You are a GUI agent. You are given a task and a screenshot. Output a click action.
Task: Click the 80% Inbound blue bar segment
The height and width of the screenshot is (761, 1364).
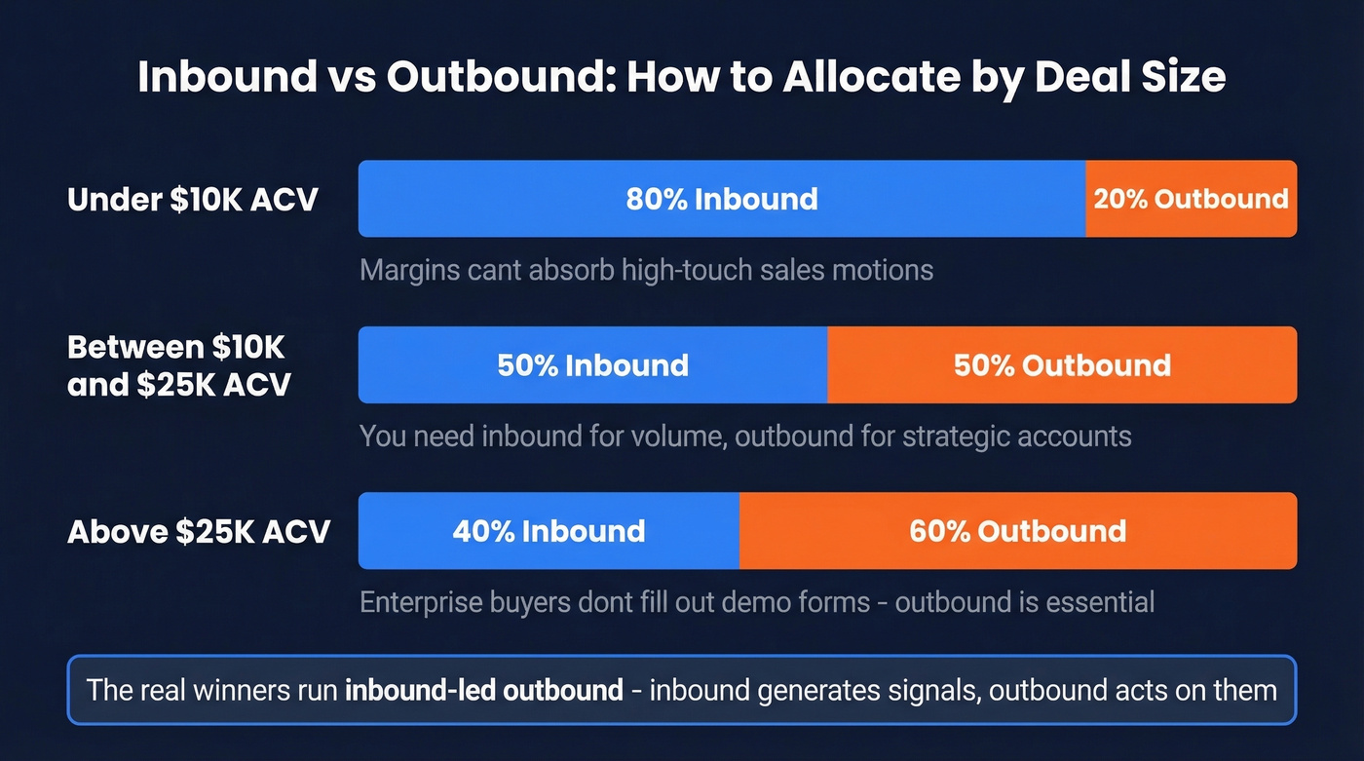click(721, 199)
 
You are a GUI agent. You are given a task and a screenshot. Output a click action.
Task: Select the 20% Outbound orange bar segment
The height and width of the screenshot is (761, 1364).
click(1191, 199)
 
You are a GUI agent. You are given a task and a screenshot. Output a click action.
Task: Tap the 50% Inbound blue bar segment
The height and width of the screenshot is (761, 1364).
click(592, 365)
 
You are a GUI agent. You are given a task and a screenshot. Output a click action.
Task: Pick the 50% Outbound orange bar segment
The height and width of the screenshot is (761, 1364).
click(1062, 365)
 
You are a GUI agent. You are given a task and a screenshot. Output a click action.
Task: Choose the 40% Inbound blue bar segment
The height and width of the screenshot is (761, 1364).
click(549, 531)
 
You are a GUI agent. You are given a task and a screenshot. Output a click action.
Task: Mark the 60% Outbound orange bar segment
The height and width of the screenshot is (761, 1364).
click(1018, 531)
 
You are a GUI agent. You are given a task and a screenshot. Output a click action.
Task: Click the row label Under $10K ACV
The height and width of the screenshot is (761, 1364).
click(193, 200)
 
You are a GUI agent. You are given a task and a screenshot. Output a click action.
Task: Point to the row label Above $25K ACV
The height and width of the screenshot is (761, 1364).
click(199, 532)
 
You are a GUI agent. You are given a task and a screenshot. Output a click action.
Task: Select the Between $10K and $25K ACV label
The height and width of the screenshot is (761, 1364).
click(179, 365)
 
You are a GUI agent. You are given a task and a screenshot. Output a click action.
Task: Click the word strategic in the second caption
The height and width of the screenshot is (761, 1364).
click(933, 436)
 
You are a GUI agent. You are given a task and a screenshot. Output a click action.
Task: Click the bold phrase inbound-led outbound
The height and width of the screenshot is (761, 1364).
click(484, 691)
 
